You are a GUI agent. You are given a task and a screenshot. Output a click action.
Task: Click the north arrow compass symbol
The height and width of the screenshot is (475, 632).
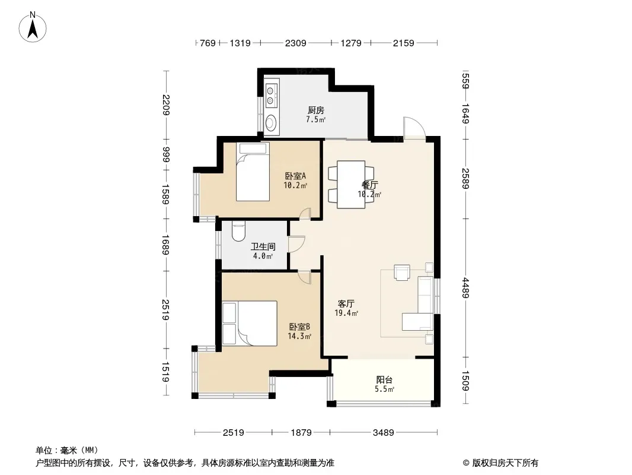pos(33,27)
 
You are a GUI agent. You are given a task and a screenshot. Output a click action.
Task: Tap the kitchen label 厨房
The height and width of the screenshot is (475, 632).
pos(315,110)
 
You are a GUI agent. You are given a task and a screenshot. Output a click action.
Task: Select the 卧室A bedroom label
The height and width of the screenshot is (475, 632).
pos(295,176)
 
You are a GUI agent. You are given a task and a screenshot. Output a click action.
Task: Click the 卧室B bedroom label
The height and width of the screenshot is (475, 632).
pos(299,327)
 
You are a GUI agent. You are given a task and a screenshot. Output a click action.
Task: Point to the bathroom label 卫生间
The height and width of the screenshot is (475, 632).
pos(263,246)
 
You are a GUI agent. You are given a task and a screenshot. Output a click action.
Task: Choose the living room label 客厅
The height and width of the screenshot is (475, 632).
pos(346,303)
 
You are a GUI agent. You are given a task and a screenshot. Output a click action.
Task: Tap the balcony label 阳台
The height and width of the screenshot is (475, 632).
pos(384,379)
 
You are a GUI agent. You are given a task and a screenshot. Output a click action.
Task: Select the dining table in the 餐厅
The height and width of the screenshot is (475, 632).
pos(351,185)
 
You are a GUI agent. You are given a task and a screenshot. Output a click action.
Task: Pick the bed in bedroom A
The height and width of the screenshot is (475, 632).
pos(253,172)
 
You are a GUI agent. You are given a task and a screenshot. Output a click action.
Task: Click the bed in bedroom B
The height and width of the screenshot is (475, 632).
pos(250,323)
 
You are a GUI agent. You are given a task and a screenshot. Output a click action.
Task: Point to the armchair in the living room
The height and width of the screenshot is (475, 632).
pos(402,272)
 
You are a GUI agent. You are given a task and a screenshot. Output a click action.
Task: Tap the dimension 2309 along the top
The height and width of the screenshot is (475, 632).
pos(295,43)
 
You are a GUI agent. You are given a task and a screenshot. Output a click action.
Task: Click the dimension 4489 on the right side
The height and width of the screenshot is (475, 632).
pos(465,288)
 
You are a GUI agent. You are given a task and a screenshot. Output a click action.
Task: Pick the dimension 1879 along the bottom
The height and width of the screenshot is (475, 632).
pos(301,433)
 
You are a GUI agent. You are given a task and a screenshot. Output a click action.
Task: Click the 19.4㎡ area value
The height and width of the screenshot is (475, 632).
pos(347,313)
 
